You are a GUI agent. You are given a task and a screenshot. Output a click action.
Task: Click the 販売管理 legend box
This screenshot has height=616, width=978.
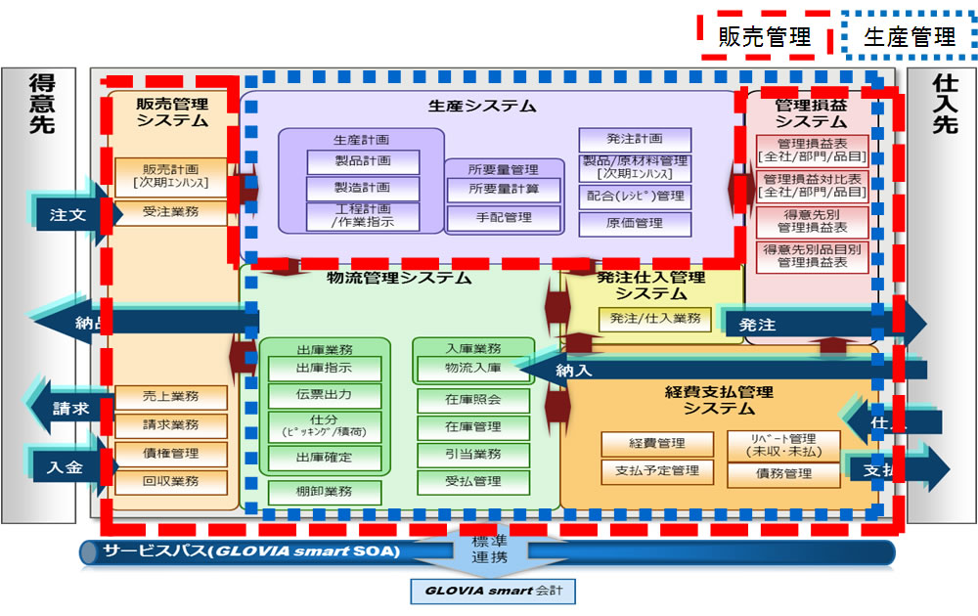pos(764,38)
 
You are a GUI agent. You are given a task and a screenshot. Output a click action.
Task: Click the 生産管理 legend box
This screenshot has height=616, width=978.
pos(909,38)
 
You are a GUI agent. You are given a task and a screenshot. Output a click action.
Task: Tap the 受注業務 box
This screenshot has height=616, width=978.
pos(171,212)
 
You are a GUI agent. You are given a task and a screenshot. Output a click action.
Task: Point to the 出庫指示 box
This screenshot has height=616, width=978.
pos(324,369)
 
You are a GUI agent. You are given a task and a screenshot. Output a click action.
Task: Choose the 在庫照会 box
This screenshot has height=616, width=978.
pos(473,401)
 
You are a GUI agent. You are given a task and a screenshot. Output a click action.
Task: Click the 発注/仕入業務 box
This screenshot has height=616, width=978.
pos(655,318)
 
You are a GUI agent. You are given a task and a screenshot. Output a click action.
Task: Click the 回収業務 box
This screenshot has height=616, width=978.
pos(171,481)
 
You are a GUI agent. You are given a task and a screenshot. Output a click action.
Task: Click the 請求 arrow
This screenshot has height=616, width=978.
pos(68,409)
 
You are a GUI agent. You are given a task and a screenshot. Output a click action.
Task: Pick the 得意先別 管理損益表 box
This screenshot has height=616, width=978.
pos(812,221)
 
